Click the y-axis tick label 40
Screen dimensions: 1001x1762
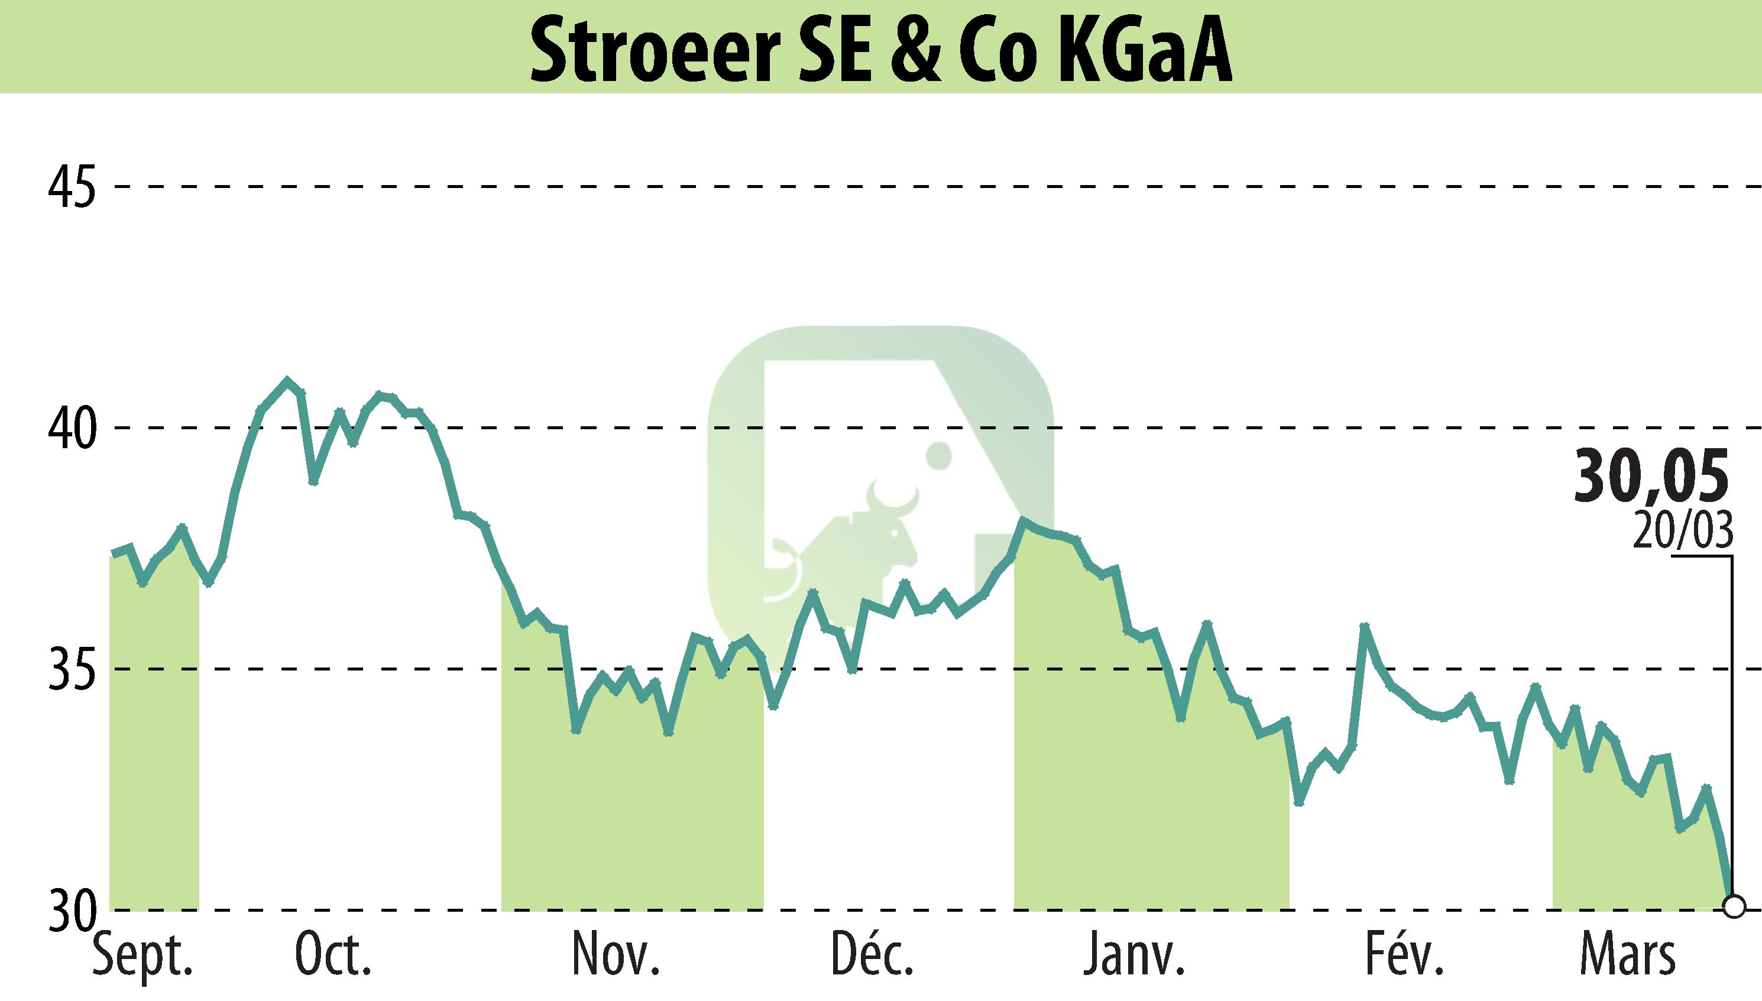(71, 427)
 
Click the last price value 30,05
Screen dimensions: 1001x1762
(1649, 476)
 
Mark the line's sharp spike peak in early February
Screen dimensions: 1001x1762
(1365, 626)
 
